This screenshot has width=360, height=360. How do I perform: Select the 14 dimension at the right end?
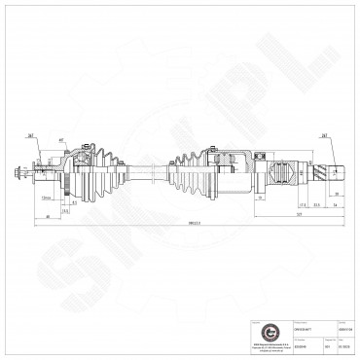[335, 206]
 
